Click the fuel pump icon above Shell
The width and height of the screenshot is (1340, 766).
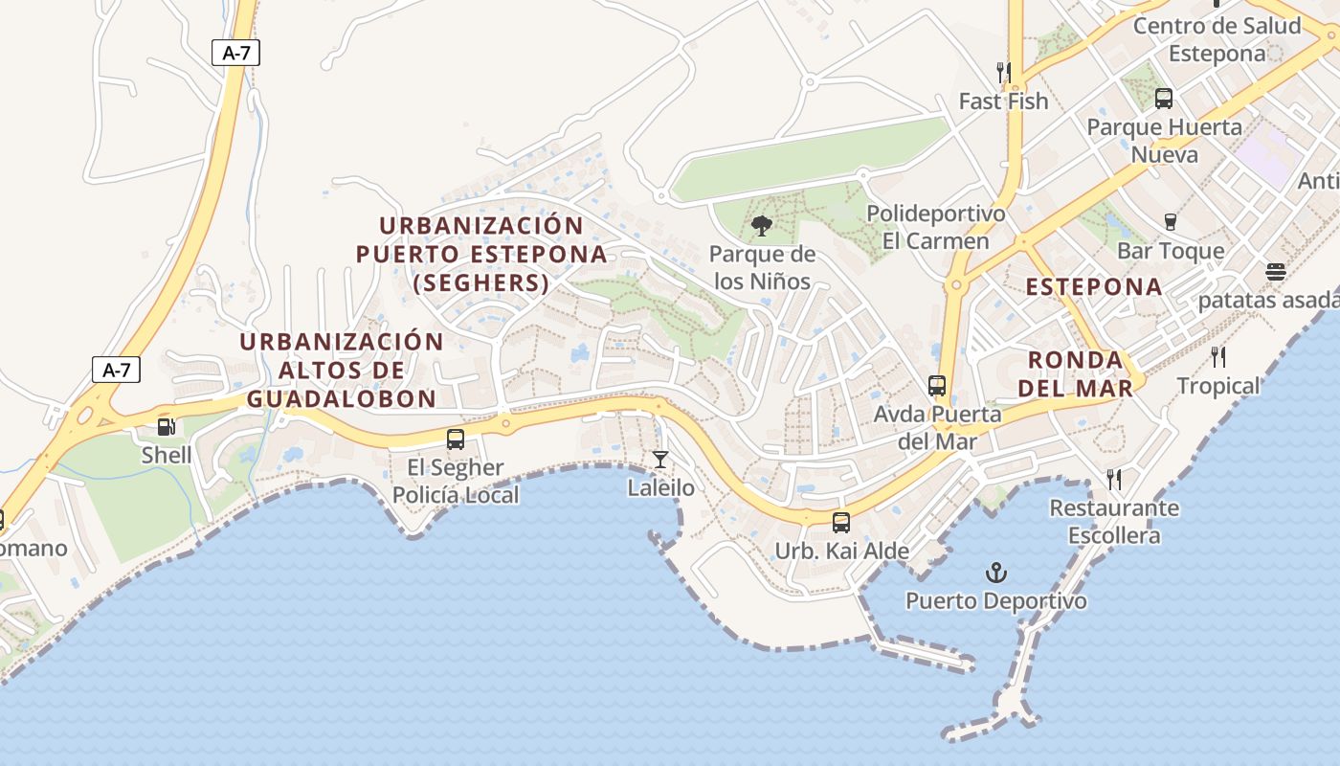167,426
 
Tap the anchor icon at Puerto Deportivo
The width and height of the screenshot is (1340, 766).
996,573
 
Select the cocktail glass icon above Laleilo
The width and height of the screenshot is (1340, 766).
660,460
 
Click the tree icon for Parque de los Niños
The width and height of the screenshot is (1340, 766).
762,226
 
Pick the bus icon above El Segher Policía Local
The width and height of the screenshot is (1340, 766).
456,439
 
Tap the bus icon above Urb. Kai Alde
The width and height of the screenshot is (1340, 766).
841,523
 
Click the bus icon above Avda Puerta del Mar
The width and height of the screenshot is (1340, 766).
937,386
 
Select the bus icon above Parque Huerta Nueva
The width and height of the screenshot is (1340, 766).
1164,99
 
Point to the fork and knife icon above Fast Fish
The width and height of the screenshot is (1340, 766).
1003,72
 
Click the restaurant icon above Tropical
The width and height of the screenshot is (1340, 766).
1218,357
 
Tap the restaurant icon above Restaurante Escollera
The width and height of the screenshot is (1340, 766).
1114,479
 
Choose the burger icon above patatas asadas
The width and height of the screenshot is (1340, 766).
1275,272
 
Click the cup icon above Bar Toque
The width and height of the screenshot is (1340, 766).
1170,222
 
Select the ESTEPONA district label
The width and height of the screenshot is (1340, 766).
1094,286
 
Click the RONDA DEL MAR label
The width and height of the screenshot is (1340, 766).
1075,373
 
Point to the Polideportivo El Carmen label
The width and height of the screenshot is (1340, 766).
935,227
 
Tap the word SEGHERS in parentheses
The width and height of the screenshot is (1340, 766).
481,283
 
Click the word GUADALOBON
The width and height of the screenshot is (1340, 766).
341,398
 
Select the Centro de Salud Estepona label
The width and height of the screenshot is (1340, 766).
1217,39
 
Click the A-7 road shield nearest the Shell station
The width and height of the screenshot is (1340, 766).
117,370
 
